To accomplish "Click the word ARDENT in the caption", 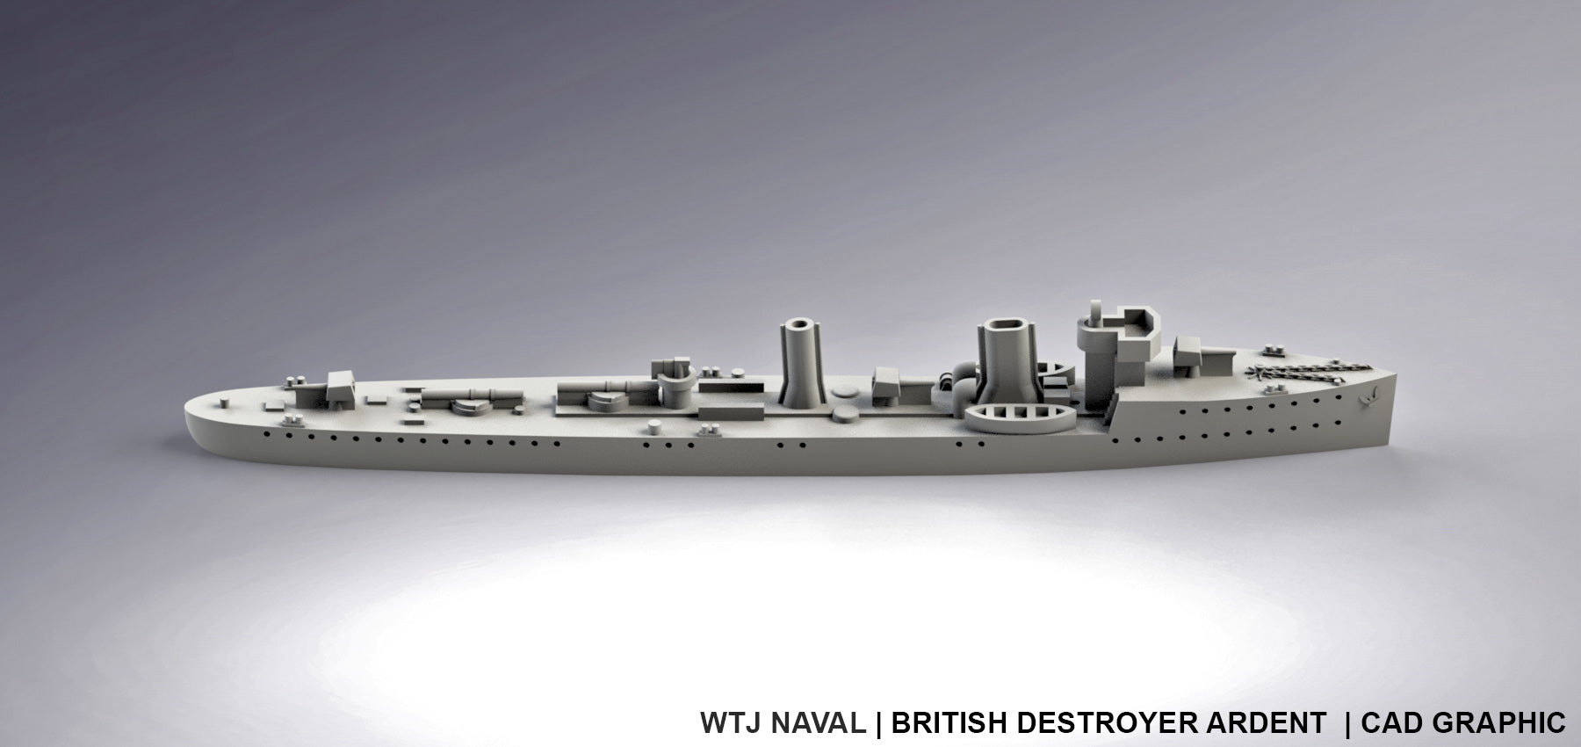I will tap(1272, 722).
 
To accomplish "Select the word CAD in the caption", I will tap(1394, 722).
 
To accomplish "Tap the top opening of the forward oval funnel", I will tap(1004, 327).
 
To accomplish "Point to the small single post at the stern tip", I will tap(227, 399).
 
